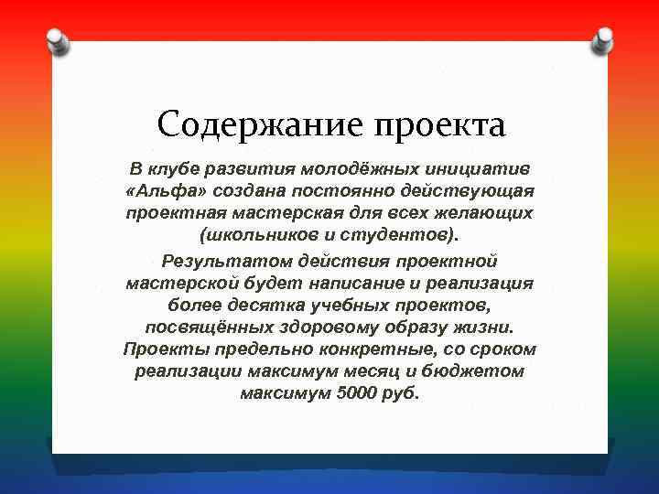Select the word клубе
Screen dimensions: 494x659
180,169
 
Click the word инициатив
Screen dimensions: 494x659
482,169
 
